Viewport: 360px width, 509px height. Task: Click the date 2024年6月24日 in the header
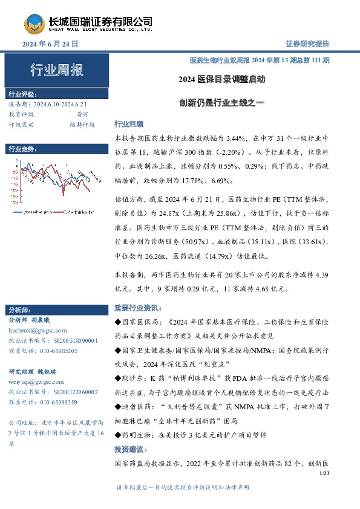coord(50,44)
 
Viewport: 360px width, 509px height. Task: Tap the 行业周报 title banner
coord(57,71)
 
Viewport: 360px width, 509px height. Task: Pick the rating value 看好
coord(82,114)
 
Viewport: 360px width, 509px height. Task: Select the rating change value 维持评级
coord(82,125)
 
